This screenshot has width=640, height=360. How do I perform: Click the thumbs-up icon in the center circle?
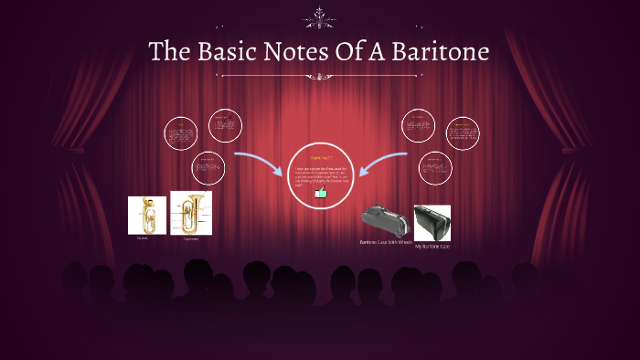[x=320, y=193]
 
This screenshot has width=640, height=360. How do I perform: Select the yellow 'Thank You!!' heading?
[x=319, y=157]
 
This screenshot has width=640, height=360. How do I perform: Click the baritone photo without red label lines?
[x=146, y=216]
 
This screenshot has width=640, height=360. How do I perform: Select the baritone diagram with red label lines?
[x=191, y=213]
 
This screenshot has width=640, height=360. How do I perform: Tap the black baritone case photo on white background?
[x=432, y=222]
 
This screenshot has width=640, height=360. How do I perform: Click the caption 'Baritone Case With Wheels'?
[x=384, y=242]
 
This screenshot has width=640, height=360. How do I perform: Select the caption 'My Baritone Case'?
[x=432, y=247]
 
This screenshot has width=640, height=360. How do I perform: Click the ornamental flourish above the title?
[x=319, y=16]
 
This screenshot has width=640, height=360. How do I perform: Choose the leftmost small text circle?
[x=182, y=134]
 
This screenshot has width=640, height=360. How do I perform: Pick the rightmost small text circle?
[x=463, y=134]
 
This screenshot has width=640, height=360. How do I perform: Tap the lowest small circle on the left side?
[x=209, y=167]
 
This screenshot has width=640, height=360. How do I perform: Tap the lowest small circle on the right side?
[x=434, y=167]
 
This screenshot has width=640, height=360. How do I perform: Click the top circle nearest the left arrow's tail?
[x=224, y=125]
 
